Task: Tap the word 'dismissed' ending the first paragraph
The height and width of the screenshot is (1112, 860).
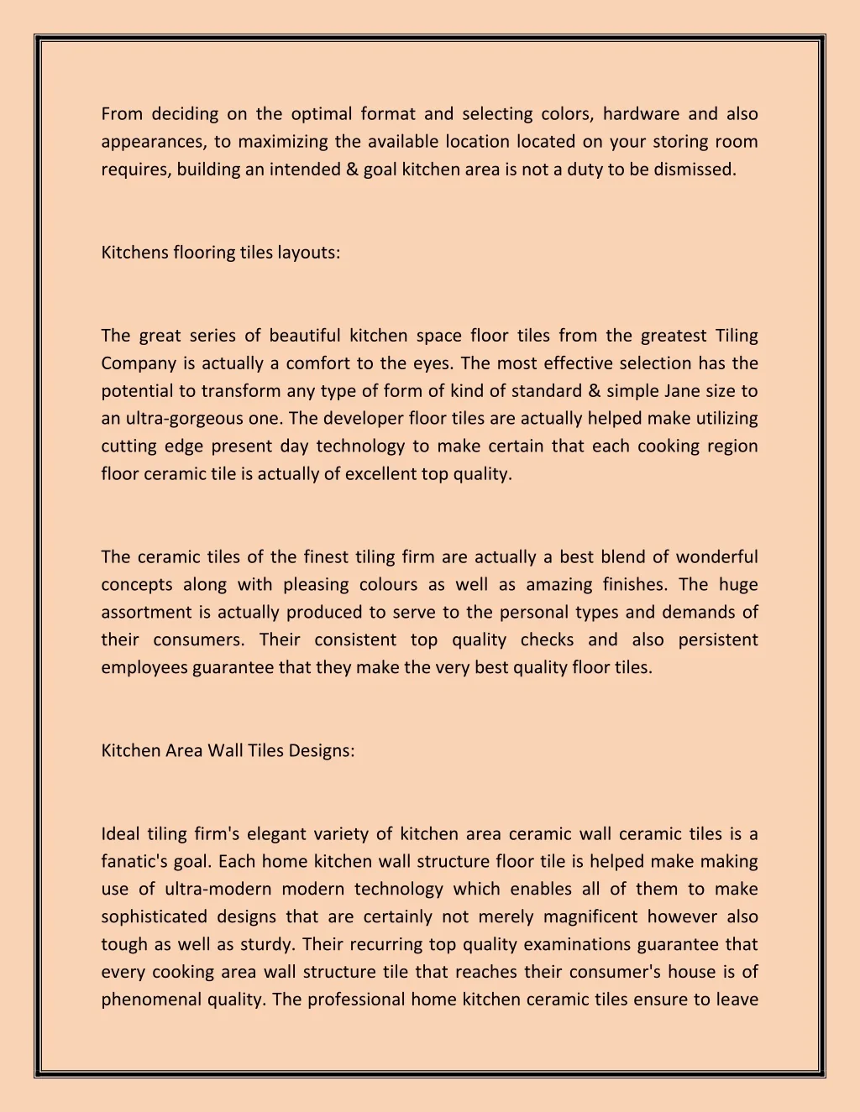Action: coord(694,170)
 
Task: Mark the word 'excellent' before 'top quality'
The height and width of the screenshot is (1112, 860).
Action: coord(381,474)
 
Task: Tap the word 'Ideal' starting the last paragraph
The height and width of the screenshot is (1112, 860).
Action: coord(120,834)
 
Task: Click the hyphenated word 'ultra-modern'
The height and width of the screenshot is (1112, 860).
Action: coord(217,890)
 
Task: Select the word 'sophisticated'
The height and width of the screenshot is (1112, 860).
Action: coord(154,917)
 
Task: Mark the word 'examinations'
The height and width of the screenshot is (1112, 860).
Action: coord(577,945)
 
